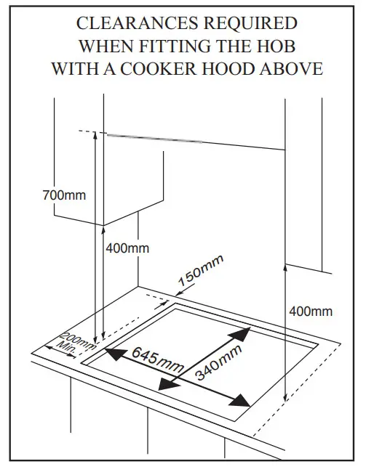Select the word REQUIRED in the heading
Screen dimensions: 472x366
[x=243, y=23]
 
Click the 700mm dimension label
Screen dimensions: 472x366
[x=63, y=195]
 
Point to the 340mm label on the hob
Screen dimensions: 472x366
[x=218, y=362]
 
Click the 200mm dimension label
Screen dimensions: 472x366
[x=77, y=340]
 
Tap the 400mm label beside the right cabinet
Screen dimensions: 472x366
[x=311, y=312]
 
